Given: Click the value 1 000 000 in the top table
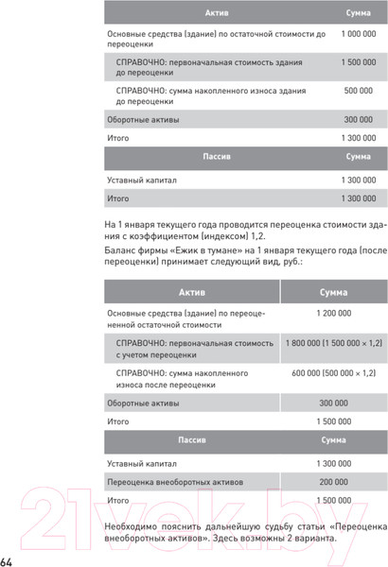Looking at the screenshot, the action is [358, 34].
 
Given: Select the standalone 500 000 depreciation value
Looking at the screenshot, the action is [358, 92].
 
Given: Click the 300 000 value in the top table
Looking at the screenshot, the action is [358, 120].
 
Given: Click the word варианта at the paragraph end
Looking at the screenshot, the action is [310, 538].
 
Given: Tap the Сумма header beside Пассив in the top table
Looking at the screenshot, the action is [358, 156].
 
